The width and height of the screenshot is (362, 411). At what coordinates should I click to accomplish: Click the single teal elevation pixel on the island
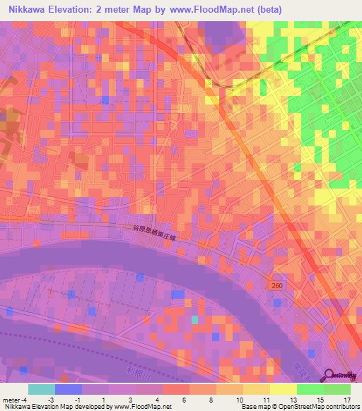[194, 320]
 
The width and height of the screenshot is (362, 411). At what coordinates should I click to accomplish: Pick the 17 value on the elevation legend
[337, 398]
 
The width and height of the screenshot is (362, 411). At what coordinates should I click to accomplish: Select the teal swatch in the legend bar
[42, 389]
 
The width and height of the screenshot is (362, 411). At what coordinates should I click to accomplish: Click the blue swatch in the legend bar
[69, 389]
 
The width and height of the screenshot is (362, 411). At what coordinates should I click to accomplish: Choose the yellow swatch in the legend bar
[283, 389]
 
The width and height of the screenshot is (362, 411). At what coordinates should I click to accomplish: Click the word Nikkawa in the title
[29, 11]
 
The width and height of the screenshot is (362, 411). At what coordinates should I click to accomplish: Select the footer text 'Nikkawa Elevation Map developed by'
[56, 407]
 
